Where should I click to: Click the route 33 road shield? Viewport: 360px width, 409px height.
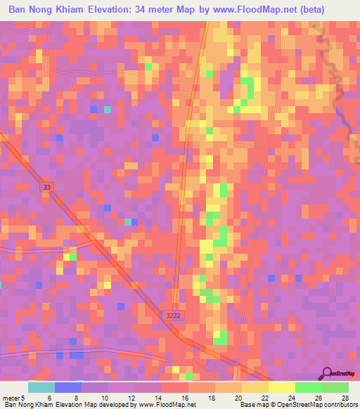pos(46,186)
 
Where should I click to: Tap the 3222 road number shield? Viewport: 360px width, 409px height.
pos(174,316)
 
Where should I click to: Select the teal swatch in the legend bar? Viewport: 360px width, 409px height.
pos(41,387)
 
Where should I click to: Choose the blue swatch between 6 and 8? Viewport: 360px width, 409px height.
pos(67,387)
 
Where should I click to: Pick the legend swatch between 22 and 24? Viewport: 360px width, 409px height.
pos(281,387)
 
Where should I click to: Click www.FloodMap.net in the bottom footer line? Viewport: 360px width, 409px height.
pos(157,404)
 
